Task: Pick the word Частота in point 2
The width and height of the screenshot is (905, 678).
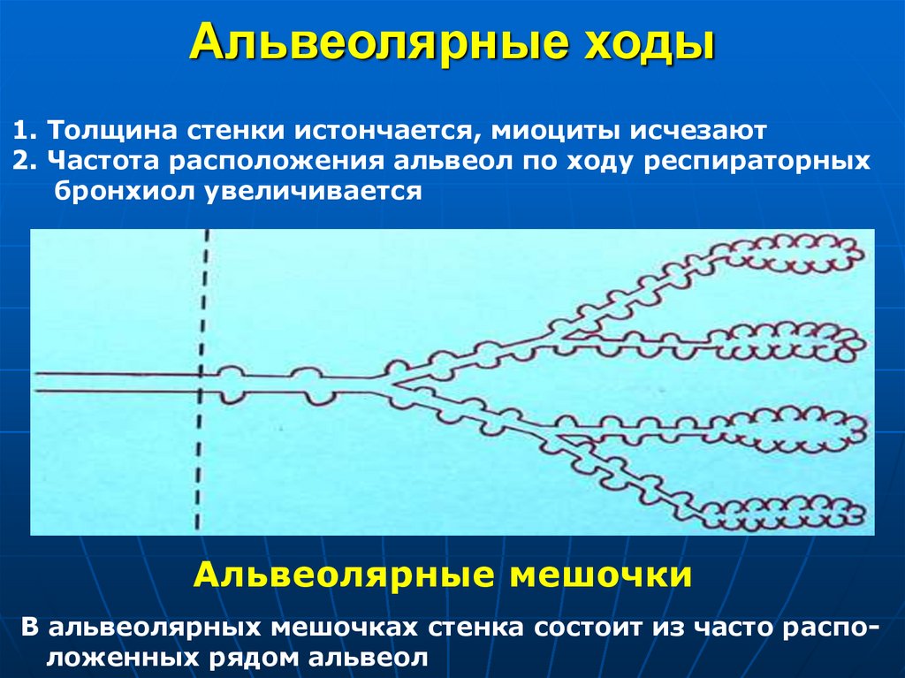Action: tap(103, 162)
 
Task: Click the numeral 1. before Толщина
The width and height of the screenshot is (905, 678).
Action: tap(26, 131)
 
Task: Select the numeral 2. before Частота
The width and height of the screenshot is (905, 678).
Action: tap(26, 162)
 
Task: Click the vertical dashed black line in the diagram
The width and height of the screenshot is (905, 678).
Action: tap(202, 380)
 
